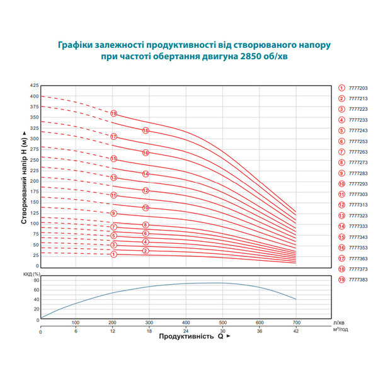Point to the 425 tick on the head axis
pyautogui.click(x=34, y=84)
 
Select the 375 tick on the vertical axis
pyautogui.click(x=34, y=106)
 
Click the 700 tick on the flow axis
pyautogui.click(x=296, y=323)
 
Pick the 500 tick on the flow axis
pyautogui.click(x=222, y=323)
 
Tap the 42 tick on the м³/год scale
pyautogui.click(x=296, y=331)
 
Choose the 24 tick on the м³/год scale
pyautogui.click(x=186, y=331)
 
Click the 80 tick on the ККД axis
pyautogui.click(x=36, y=280)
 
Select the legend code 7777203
pyautogui.click(x=358, y=89)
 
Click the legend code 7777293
pyautogui.click(x=358, y=184)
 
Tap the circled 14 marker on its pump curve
pyautogui.click(x=146, y=174)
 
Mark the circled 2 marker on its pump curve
pyautogui.click(x=146, y=251)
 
